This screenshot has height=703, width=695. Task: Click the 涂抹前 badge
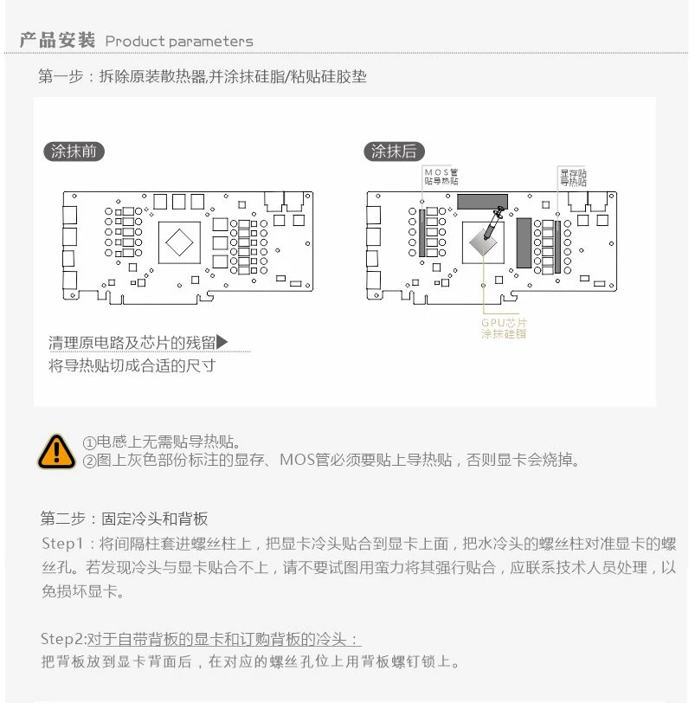(74, 152)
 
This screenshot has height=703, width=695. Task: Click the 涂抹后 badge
(394, 152)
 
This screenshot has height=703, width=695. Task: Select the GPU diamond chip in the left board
(182, 243)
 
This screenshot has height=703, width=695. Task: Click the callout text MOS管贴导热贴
(441, 177)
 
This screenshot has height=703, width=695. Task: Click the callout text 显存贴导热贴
(573, 177)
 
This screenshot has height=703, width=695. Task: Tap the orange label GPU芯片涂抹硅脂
(504, 328)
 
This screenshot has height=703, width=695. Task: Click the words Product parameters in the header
(179, 41)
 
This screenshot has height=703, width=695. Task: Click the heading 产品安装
(57, 40)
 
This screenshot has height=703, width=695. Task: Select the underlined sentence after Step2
(223, 639)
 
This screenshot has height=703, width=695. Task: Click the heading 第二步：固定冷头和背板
(125, 519)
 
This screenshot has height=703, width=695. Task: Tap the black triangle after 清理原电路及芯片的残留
(222, 342)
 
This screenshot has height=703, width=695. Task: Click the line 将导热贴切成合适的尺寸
(132, 365)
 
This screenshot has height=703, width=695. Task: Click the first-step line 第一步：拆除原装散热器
(203, 76)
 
